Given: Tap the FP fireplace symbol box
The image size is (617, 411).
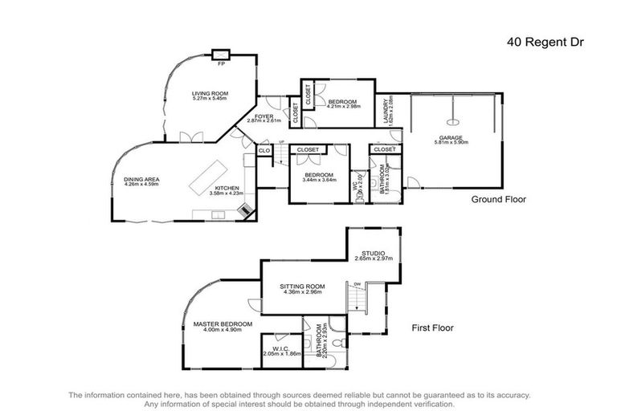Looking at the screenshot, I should pos(221,55).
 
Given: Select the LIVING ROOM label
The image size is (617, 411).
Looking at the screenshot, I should pos(210,94).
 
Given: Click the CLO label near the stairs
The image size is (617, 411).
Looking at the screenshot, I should pos(264,150).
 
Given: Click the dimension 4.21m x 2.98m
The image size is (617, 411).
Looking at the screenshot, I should pos(344,106).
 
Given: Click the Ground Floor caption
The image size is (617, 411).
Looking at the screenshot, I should pos(498,200).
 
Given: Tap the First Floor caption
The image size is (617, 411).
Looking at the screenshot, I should pos(433,328).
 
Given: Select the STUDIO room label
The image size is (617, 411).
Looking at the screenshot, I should pos(371,252).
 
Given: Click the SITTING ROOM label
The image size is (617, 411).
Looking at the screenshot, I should pos(301,286).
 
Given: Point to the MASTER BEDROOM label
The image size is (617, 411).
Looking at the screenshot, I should pos(223,324).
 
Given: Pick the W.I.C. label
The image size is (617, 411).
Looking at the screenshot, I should pos(281,348).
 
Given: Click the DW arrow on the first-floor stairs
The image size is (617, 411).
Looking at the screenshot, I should pos(357,283).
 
